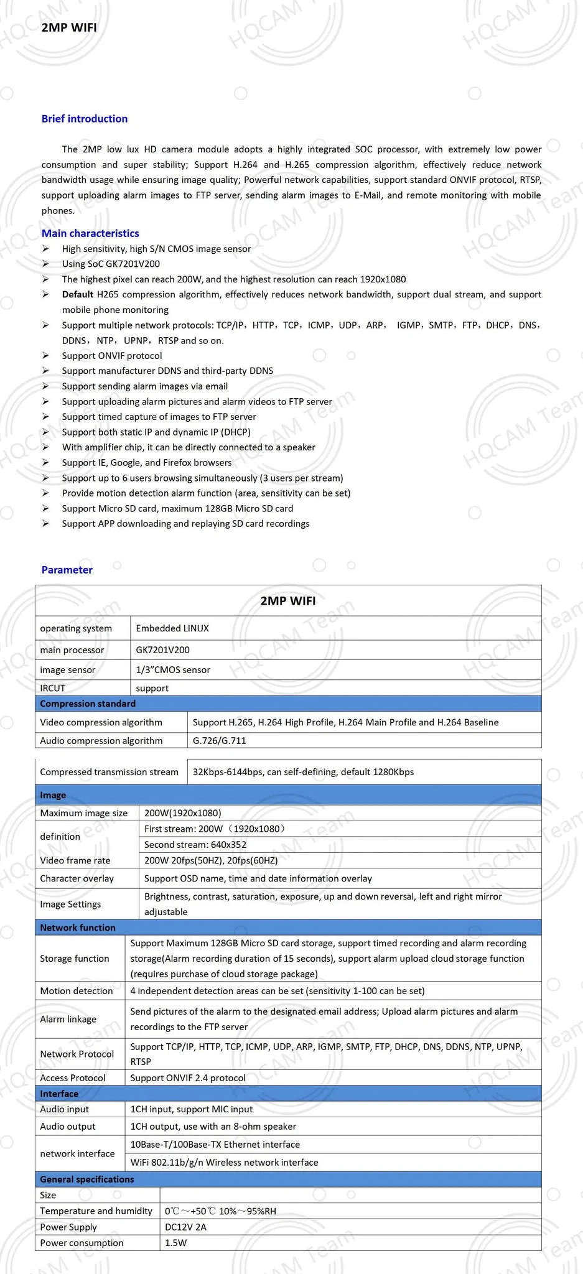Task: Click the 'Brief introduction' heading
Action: click(84, 119)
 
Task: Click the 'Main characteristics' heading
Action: click(90, 233)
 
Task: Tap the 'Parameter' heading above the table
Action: click(67, 570)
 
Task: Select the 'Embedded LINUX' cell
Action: click(172, 628)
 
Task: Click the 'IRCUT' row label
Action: click(53, 688)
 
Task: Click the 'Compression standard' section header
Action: click(88, 704)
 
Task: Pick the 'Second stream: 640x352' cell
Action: click(195, 845)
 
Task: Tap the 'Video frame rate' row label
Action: click(75, 860)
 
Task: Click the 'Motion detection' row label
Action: click(77, 991)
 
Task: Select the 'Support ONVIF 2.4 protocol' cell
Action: click(188, 1077)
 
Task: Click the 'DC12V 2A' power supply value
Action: click(185, 1227)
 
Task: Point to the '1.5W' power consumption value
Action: click(176, 1243)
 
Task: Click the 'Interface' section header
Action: click(59, 1094)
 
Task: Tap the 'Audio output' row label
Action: click(68, 1127)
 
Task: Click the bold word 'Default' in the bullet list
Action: click(78, 294)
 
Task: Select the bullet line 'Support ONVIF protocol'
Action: click(112, 356)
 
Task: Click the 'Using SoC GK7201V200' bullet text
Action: click(111, 264)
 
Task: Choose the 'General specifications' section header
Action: click(87, 1179)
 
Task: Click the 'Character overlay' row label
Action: click(77, 878)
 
